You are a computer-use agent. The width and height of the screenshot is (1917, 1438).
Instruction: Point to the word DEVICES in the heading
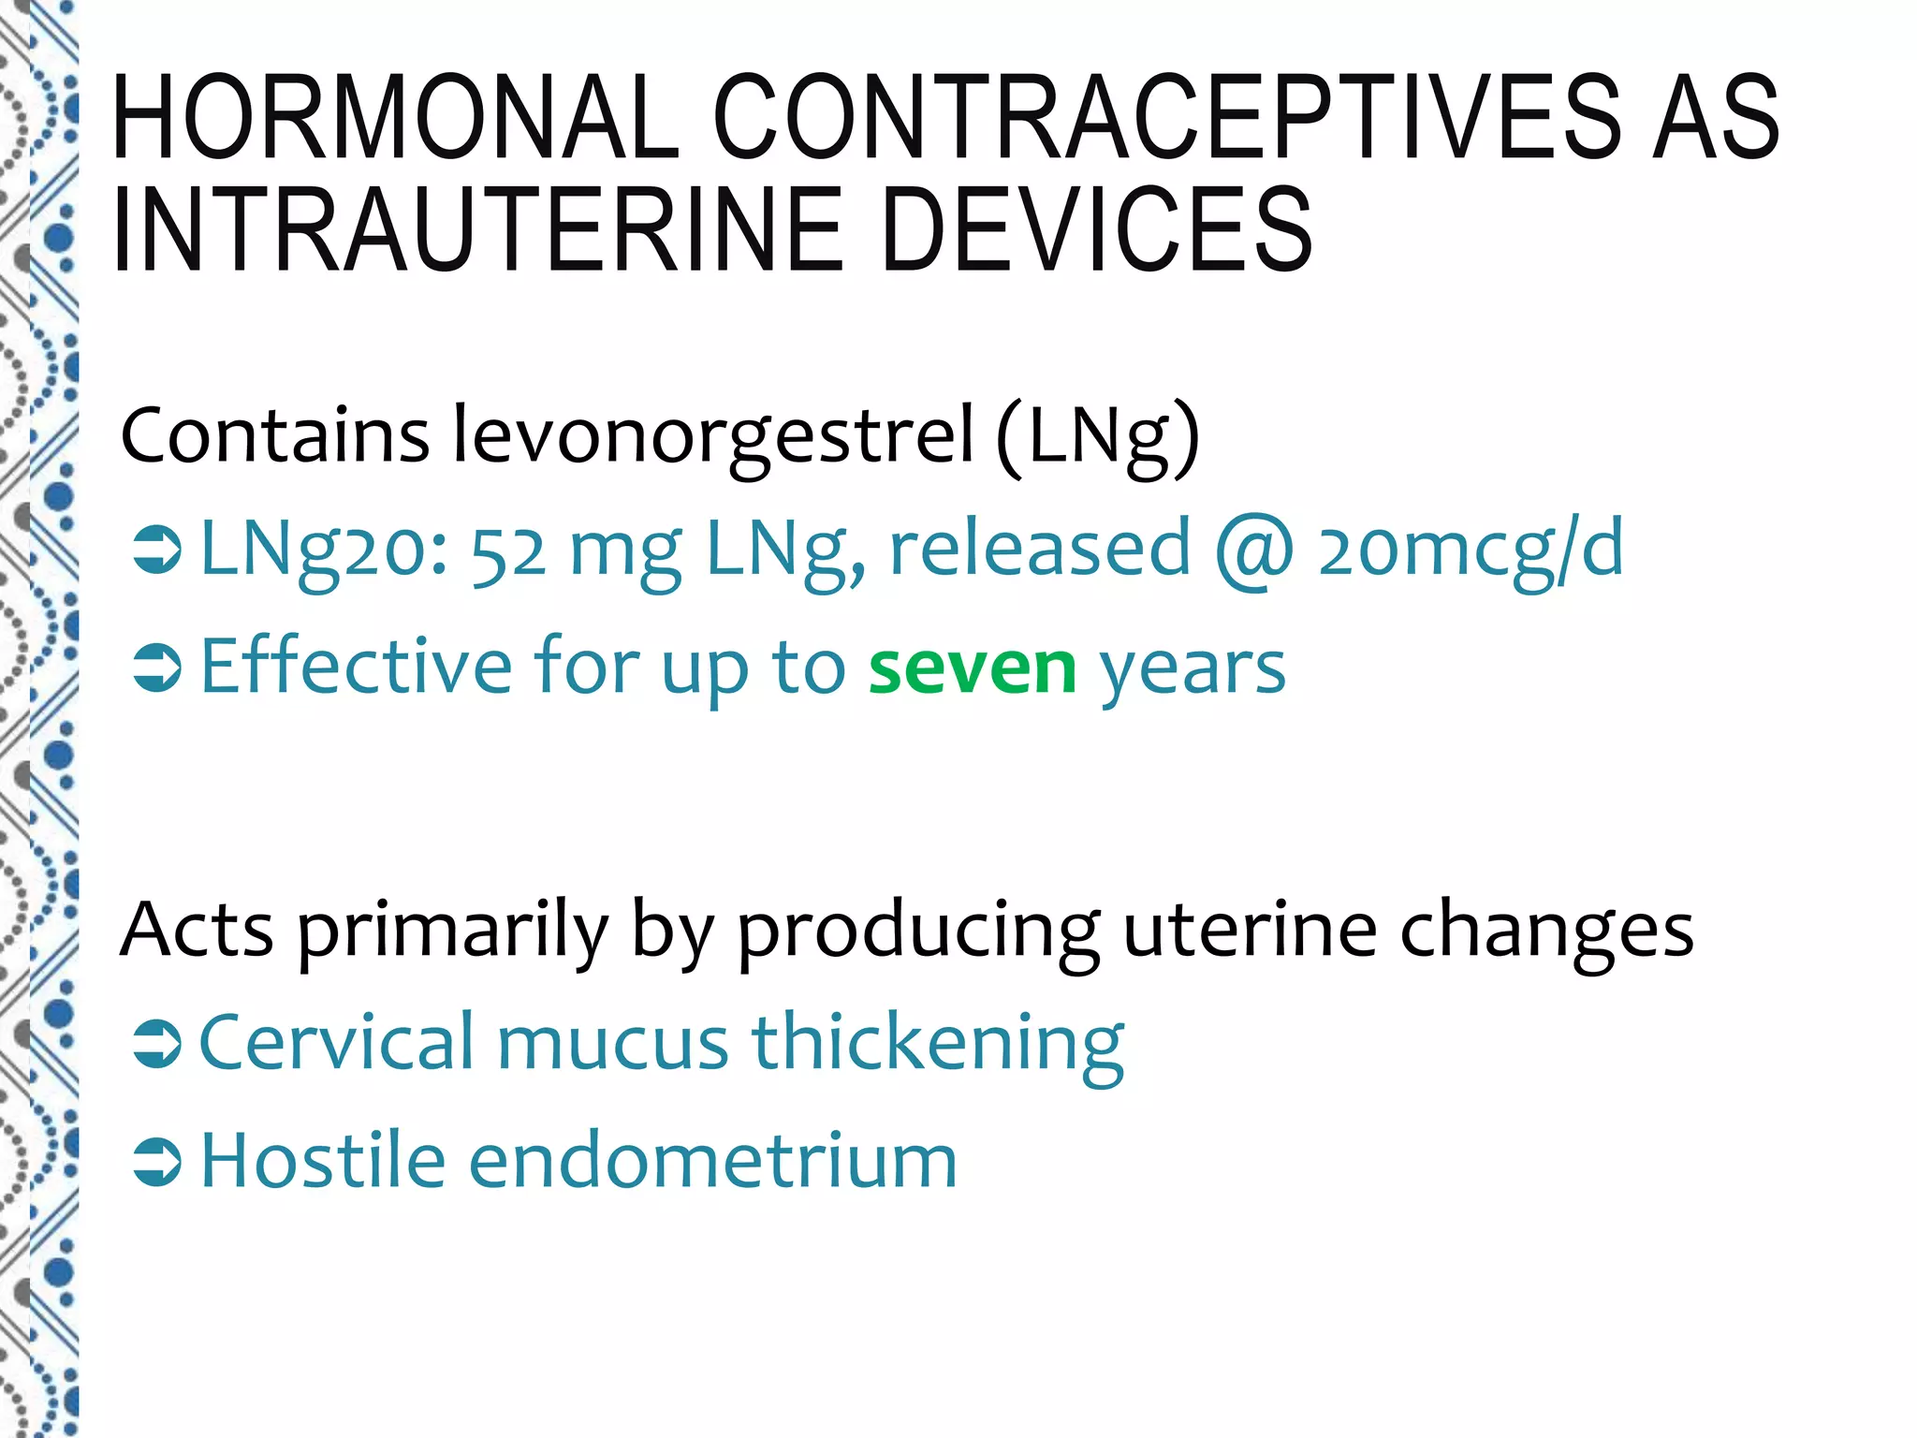point(1097,229)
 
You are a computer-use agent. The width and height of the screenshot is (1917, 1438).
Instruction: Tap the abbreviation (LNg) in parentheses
point(1097,437)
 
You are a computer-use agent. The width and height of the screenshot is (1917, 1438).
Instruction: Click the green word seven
point(973,668)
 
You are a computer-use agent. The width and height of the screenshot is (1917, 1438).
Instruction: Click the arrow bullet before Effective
point(156,669)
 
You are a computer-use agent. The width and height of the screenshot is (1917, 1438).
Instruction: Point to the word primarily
point(453,932)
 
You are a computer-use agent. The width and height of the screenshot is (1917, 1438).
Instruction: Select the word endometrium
point(712,1162)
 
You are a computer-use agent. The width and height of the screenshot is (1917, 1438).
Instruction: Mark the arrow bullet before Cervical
point(156,1044)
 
